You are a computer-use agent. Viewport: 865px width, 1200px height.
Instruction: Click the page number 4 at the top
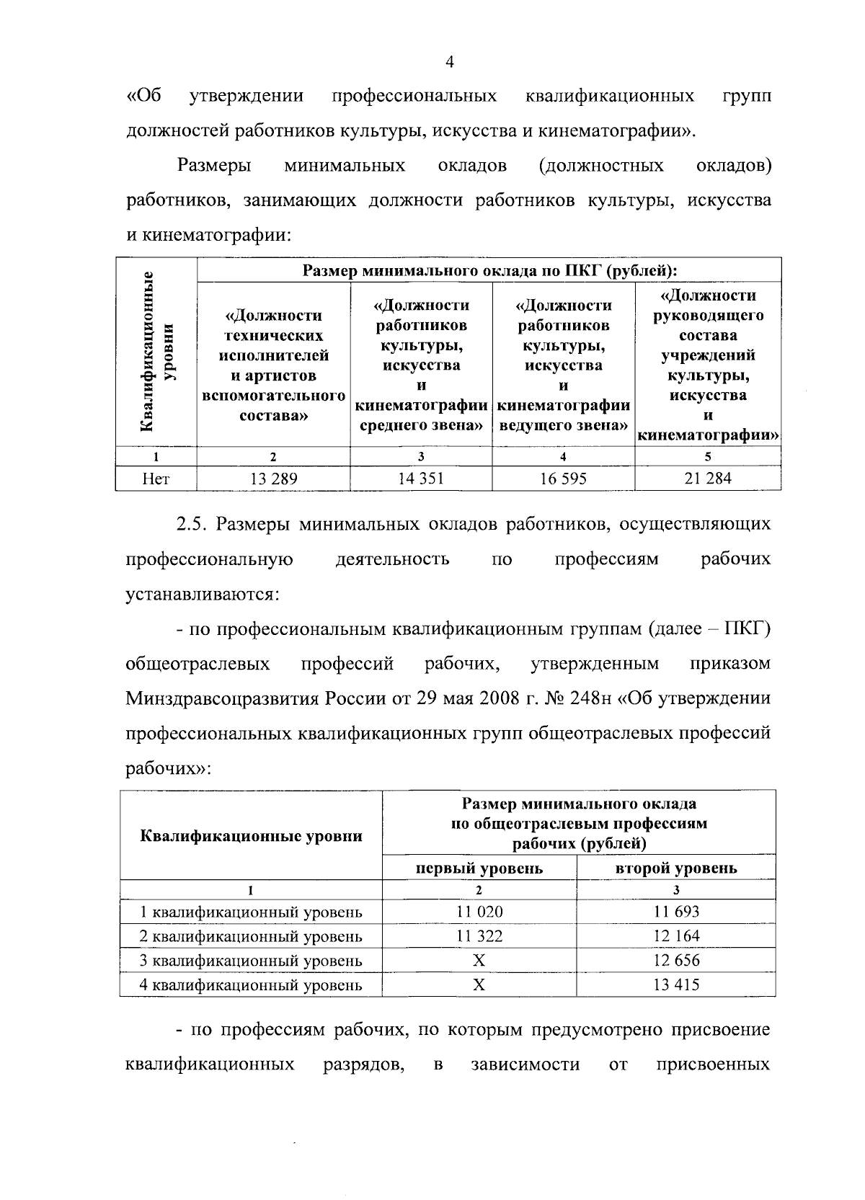coord(449,63)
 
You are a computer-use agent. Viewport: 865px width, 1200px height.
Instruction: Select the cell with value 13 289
coord(273,478)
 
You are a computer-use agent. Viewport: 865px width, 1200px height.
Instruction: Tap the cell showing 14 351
coord(421,478)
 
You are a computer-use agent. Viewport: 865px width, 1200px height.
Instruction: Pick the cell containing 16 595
coord(563,478)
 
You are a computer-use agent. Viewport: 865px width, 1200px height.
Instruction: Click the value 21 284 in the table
coord(708,478)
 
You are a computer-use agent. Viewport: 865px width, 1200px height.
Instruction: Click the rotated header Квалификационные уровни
coord(157,352)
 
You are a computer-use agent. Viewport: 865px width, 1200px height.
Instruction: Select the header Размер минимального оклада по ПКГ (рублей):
coord(489,271)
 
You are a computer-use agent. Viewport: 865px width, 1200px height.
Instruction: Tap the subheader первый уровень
coord(479,868)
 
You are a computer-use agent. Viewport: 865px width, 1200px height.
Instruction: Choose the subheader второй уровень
coord(676,868)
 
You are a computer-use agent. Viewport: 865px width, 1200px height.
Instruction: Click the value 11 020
coord(479,911)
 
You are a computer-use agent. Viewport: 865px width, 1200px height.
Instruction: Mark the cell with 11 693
coord(676,911)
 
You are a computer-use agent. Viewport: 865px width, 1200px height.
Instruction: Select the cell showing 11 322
coord(479,935)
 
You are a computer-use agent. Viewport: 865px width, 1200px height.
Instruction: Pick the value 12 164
coord(676,935)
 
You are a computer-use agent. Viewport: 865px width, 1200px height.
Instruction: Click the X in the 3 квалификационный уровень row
coord(479,960)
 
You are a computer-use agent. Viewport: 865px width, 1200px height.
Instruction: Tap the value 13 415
coord(676,985)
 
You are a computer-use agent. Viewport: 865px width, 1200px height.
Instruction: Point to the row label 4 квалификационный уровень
coord(251,985)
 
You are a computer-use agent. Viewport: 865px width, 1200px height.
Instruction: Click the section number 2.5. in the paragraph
coord(192,524)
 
